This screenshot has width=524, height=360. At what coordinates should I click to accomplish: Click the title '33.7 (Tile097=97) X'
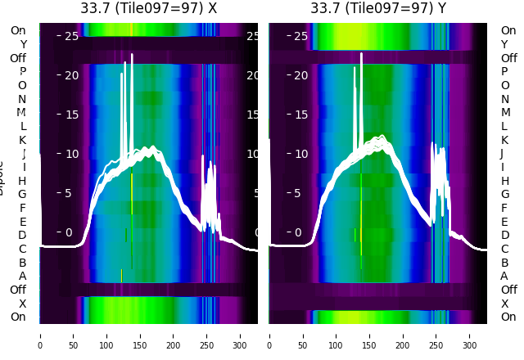click(148, 8)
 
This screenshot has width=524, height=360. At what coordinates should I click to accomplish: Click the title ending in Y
click(378, 8)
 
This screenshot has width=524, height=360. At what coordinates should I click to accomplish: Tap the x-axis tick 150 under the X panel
click(140, 335)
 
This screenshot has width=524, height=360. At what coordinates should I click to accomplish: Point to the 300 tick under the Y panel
click(470, 335)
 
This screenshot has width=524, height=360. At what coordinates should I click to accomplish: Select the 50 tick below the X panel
click(73, 335)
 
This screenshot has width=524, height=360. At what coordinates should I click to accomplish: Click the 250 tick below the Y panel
click(436, 335)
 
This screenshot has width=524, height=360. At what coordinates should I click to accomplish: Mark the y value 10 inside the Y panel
click(300, 154)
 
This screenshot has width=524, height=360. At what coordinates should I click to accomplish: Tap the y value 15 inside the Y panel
click(300, 115)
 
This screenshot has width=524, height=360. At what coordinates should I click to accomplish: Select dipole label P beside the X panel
click(23, 71)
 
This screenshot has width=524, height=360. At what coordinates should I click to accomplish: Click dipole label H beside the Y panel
click(504, 181)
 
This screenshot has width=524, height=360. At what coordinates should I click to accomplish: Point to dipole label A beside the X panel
click(23, 276)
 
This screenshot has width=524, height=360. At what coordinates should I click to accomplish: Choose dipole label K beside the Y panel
click(504, 140)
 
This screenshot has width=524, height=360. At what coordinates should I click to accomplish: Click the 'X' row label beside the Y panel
click(504, 304)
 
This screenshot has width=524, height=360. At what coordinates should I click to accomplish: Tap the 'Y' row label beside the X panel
click(23, 44)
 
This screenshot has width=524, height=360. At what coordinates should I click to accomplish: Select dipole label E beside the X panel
click(23, 222)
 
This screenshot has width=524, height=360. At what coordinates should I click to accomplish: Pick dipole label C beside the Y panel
click(504, 249)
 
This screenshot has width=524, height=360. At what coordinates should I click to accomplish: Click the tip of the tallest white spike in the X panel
click(132, 55)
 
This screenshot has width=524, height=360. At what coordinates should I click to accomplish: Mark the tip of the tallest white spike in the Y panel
click(361, 55)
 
